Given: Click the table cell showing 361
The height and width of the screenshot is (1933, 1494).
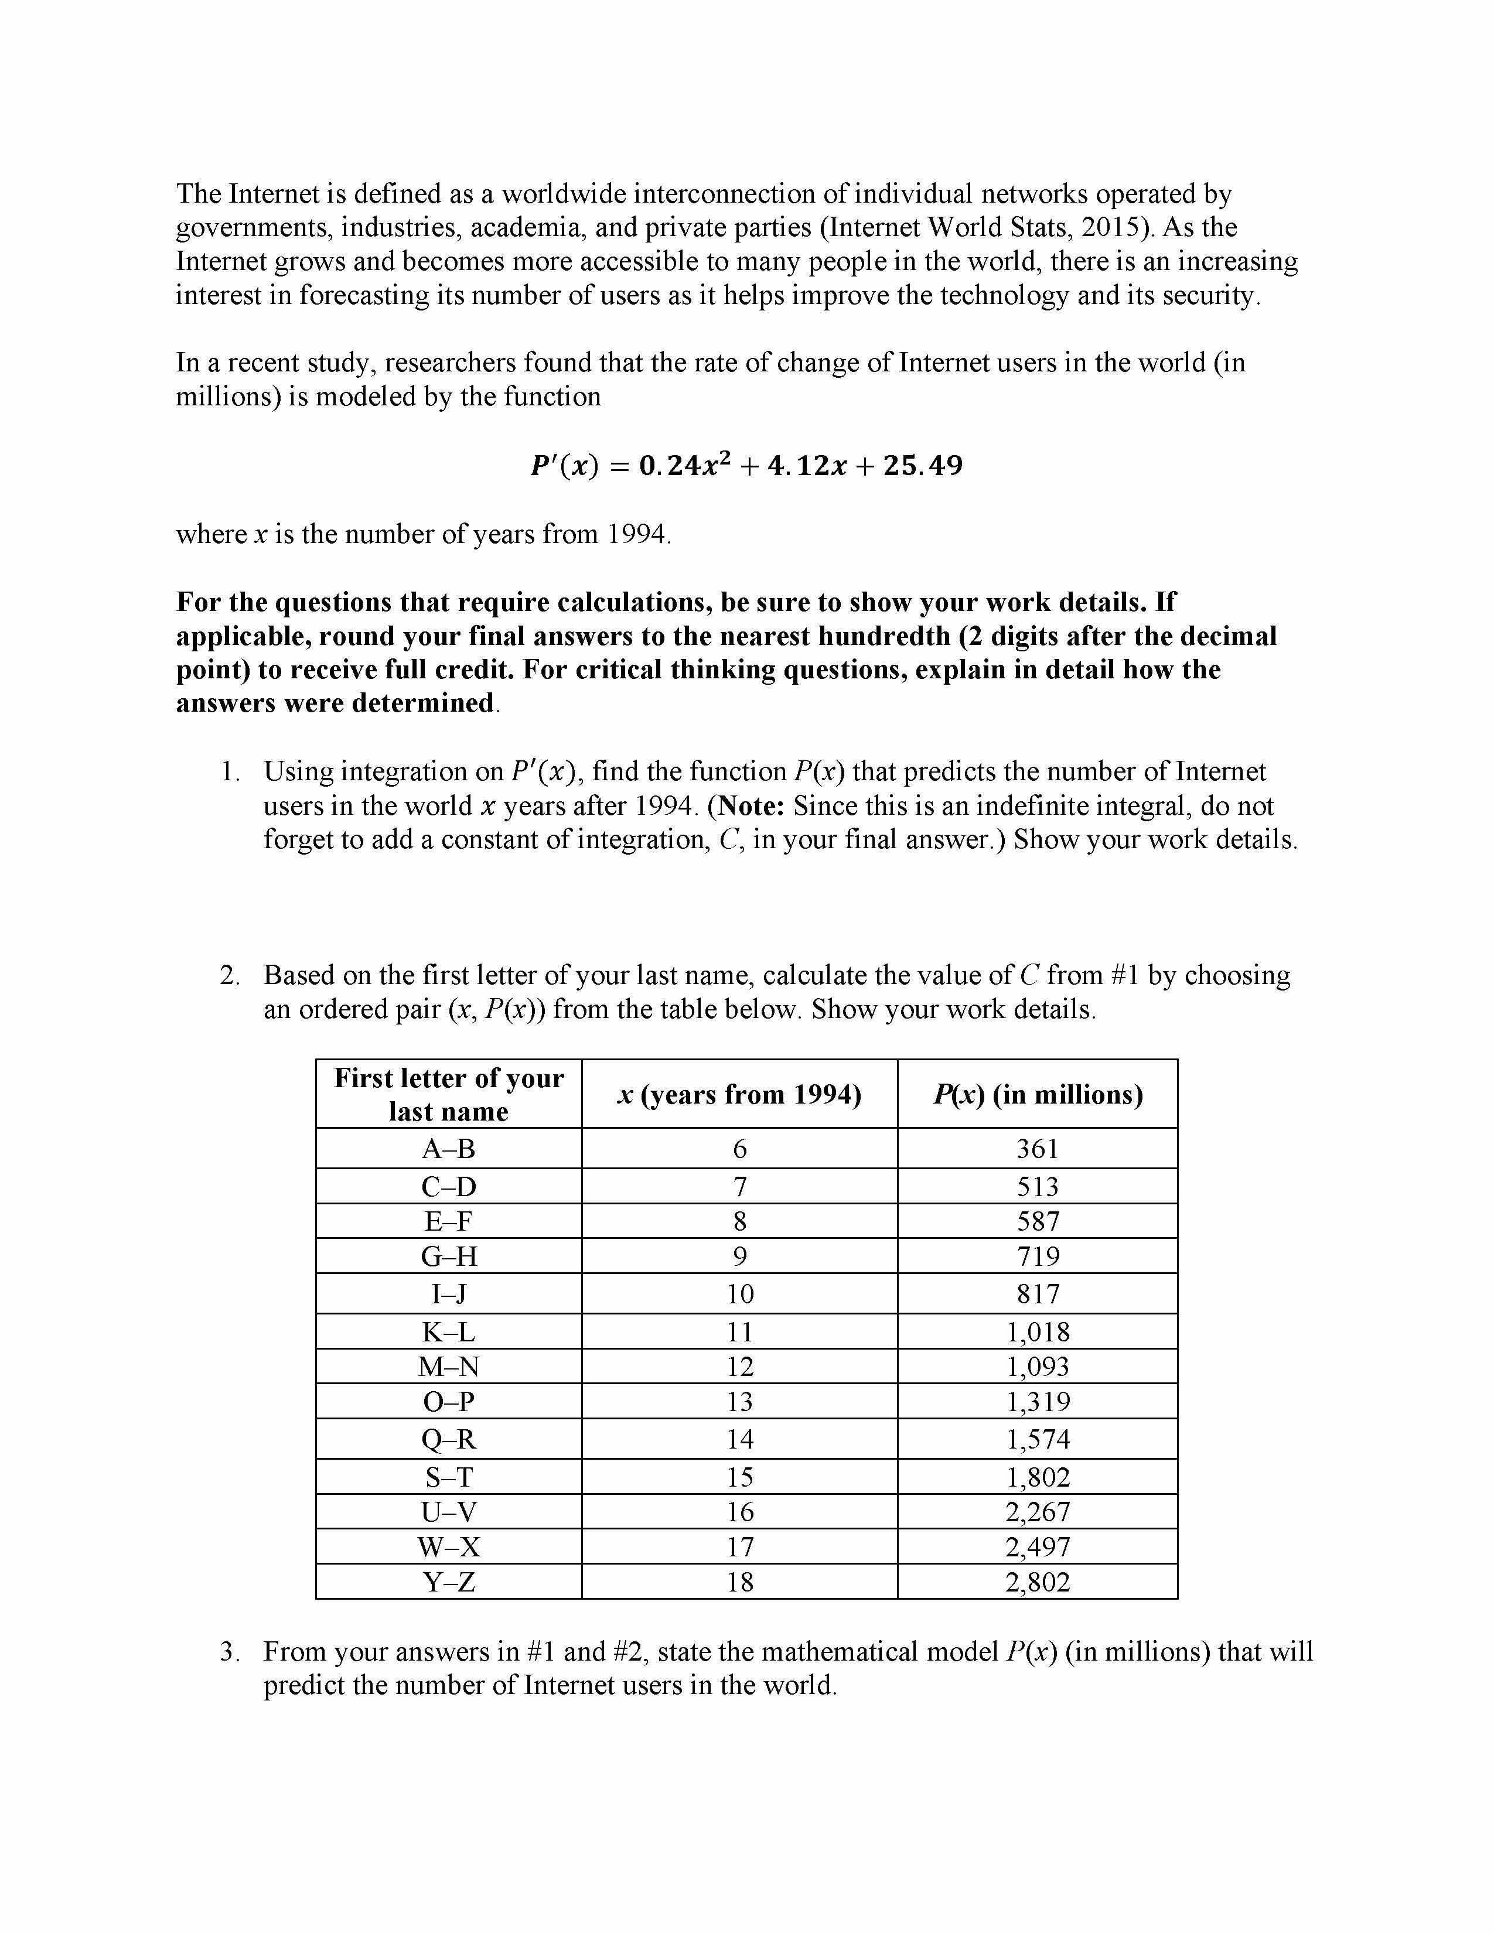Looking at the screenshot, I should [1037, 1149].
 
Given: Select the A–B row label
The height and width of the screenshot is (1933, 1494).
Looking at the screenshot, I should [449, 1149].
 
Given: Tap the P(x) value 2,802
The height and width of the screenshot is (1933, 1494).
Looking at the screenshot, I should [1037, 1582].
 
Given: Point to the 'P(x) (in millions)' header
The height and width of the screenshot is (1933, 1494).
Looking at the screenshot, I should [1037, 1095].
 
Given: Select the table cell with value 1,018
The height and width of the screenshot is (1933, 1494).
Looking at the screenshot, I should [1037, 1332].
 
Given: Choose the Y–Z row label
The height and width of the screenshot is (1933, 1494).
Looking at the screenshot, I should [449, 1582].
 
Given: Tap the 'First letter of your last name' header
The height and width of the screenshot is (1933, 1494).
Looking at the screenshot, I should [449, 1095].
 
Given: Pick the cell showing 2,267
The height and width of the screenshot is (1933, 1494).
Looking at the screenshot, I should [1037, 1512].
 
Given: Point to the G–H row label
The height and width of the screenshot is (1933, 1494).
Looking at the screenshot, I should [449, 1257].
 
